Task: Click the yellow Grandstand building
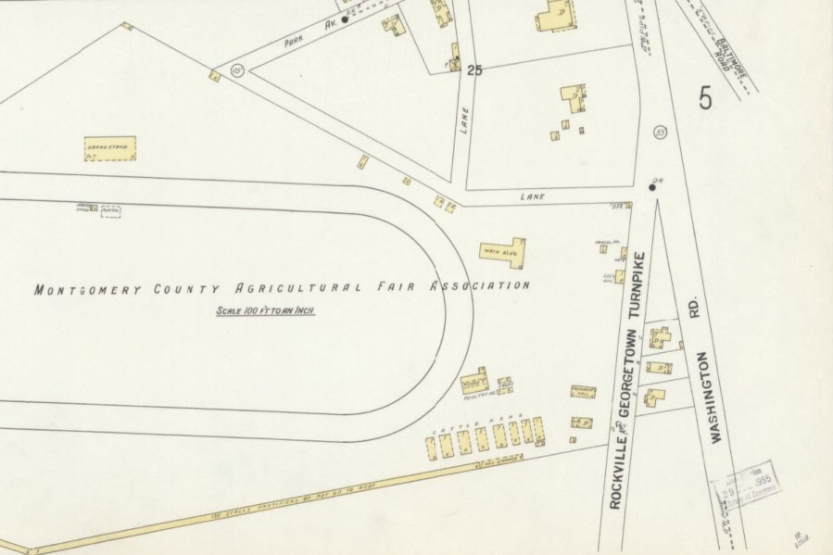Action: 110,149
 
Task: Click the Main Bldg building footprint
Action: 504,250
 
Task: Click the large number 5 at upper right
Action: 706,97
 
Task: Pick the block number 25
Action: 476,69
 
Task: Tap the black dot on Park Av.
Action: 345,19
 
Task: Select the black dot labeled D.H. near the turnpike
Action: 652,187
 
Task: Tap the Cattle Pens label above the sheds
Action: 490,417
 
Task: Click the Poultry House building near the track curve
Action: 474,381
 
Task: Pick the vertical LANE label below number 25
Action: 465,122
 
